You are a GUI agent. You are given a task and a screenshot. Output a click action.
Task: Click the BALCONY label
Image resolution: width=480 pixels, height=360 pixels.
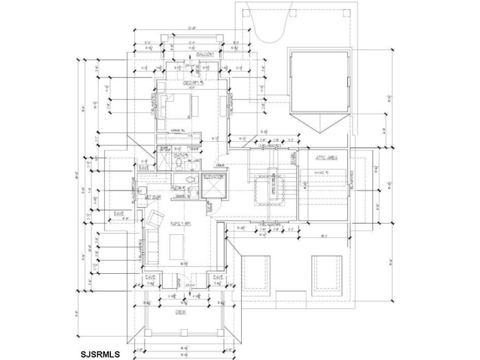click(x=206, y=54)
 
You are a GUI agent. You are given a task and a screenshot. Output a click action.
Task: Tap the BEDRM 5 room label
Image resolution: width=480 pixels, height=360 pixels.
click(x=193, y=83)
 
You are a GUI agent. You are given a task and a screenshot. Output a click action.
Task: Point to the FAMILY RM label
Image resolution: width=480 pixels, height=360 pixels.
click(x=179, y=224)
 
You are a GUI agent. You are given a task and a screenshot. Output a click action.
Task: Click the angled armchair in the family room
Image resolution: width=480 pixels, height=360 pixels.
click(x=155, y=219)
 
